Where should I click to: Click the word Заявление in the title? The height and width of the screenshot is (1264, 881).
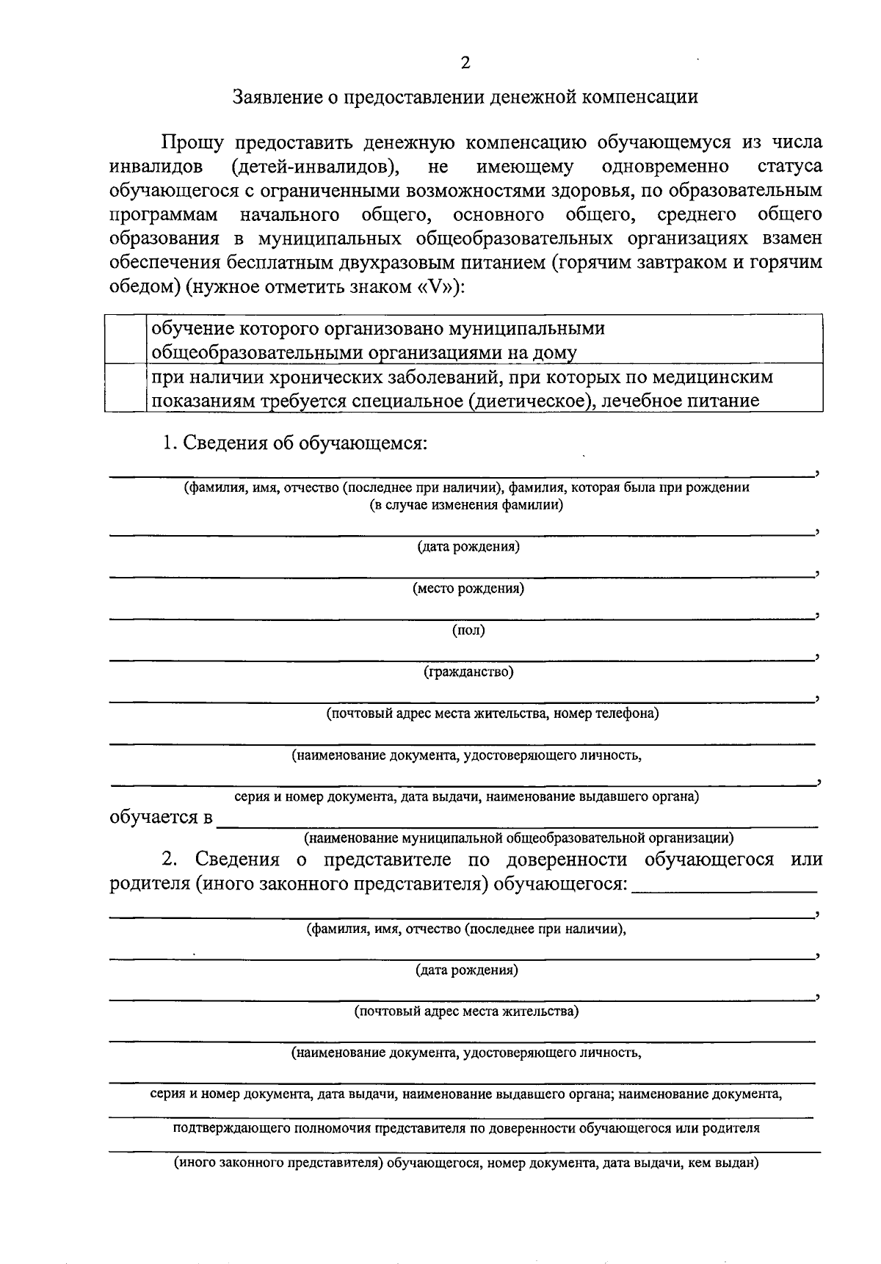pos(275,97)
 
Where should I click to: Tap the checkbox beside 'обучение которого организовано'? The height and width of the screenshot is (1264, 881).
pos(126,338)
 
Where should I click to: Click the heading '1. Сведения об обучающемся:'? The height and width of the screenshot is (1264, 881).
pos(295,443)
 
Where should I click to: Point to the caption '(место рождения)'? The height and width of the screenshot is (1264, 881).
pos(468,589)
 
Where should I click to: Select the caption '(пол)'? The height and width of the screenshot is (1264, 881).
pos(468,630)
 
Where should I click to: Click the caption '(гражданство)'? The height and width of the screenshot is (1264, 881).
pos(468,672)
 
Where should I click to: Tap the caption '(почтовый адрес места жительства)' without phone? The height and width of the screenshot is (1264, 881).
pos(467,1011)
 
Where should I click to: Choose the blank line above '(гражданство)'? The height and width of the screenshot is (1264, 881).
pos(463,659)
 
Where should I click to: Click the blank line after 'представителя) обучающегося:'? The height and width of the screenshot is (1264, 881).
pos(724,890)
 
